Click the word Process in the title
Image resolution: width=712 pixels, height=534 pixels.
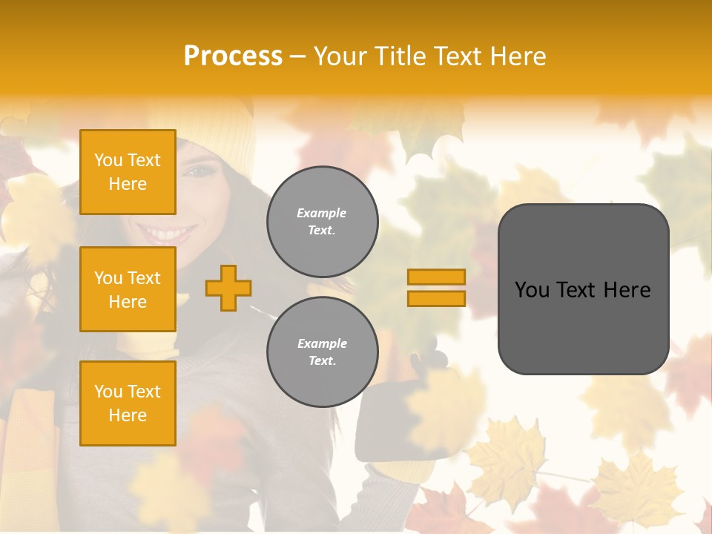pyautogui.click(x=233, y=56)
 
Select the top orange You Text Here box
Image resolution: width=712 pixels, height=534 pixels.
pyautogui.click(x=128, y=172)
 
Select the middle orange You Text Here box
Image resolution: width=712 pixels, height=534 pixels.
pyautogui.click(x=128, y=289)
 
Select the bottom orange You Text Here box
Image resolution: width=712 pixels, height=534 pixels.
pyautogui.click(x=128, y=403)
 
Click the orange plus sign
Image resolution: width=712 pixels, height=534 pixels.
pyautogui.click(x=228, y=288)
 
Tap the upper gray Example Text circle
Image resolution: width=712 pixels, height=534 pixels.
pyautogui.click(x=322, y=222)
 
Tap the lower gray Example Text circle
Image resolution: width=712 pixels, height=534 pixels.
pyautogui.click(x=322, y=352)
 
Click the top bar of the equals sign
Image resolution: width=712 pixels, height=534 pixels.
pyautogui.click(x=436, y=277)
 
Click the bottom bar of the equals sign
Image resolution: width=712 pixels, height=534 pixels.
pyautogui.click(x=436, y=298)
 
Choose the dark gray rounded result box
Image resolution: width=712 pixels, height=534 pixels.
pyautogui.click(x=583, y=289)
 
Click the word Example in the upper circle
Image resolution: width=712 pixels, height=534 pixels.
pyautogui.click(x=322, y=213)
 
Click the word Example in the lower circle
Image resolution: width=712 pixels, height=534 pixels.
pyautogui.click(x=322, y=343)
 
